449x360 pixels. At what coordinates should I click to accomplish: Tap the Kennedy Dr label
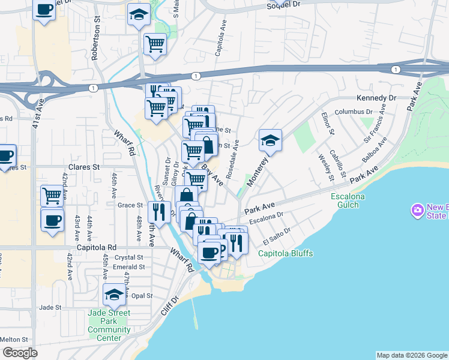pos(376,98)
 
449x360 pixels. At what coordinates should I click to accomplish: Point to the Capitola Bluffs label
pos(286,253)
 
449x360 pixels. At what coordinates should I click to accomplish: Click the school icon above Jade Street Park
pos(114,294)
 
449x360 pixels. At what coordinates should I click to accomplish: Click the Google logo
pos(20,352)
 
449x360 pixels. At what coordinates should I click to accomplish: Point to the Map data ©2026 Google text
pos(412,355)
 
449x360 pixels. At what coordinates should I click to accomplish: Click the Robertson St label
pos(95,42)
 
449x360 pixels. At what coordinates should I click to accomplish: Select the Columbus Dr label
pos(354,112)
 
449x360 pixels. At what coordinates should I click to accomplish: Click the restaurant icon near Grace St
pos(158,211)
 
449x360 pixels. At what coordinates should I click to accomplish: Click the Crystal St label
pos(128,257)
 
